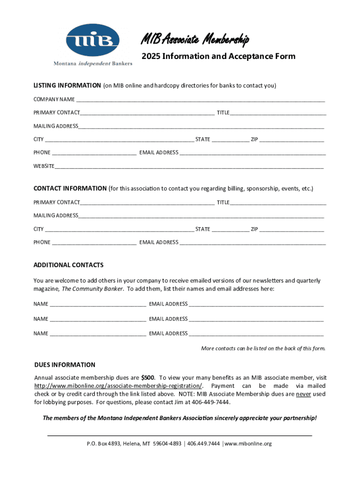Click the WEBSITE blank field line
[x=189, y=167]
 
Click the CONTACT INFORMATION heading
[x=70, y=189]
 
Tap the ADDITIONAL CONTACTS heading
[x=69, y=265]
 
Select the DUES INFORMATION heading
[x=65, y=365]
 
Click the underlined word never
[x=303, y=394]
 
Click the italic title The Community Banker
[x=93, y=289]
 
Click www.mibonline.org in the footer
[x=248, y=444]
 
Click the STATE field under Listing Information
[x=230, y=140]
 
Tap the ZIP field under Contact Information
[x=291, y=230]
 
